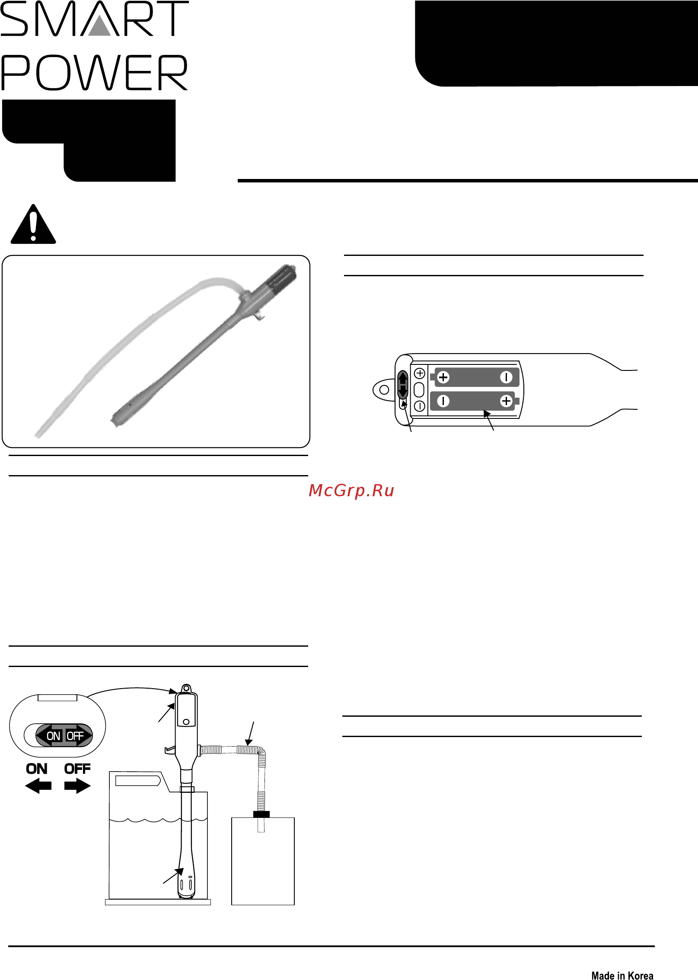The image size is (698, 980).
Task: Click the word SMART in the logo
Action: click(94, 19)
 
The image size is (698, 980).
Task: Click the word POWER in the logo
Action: click(94, 73)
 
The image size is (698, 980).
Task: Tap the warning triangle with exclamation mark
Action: click(33, 224)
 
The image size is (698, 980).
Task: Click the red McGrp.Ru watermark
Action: click(351, 491)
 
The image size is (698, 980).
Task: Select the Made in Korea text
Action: click(622, 975)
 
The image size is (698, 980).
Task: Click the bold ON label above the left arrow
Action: click(37, 769)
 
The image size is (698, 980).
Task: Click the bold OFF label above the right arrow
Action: click(77, 769)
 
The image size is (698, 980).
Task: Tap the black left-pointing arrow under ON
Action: click(38, 786)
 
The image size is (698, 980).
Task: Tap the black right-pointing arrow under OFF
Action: click(77, 786)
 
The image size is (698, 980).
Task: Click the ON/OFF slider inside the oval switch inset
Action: click(64, 735)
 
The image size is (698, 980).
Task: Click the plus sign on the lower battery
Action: click(506, 401)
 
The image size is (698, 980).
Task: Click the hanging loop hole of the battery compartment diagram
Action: click(384, 390)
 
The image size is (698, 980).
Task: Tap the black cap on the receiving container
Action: click(261, 814)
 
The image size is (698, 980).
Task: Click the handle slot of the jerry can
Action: click(138, 780)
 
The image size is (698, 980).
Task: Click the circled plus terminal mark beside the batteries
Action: click(420, 373)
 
